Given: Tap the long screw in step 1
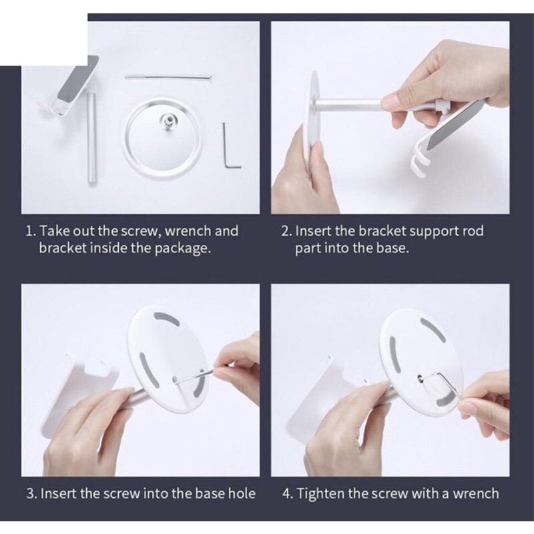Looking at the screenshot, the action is coord(169,77).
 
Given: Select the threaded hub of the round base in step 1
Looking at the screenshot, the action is coord(168,120).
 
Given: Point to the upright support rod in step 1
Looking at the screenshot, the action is coord(91,138).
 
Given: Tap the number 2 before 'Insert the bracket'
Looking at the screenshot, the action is coord(286,231).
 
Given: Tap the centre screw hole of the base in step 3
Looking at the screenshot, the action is coord(175,378).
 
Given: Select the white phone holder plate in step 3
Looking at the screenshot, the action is coord(81,392).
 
